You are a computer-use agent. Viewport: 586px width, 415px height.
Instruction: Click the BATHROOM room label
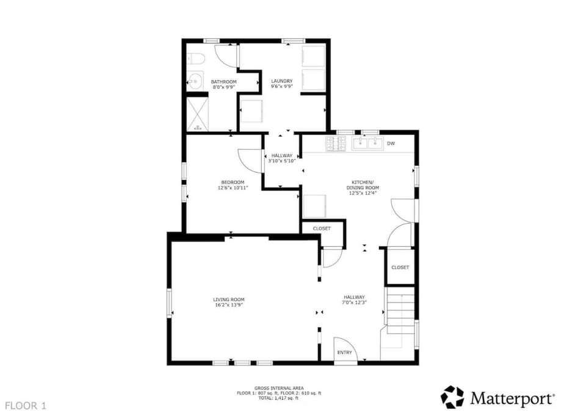[x=223, y=81]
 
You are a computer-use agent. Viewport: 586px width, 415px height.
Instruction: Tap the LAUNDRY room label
[x=282, y=81]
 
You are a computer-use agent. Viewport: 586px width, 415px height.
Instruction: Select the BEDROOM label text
[x=233, y=182]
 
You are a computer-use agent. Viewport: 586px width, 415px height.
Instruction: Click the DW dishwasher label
[x=391, y=143]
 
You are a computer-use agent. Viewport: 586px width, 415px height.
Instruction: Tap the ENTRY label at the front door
[x=344, y=353]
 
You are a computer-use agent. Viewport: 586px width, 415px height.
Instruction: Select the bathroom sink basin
[x=195, y=81]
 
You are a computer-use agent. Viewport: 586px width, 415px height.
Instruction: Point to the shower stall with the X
[x=197, y=114]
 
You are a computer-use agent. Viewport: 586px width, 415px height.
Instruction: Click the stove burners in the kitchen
[x=336, y=144]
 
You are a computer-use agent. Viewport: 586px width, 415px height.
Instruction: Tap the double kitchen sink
[x=367, y=143]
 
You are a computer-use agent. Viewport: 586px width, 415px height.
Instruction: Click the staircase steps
[x=400, y=310]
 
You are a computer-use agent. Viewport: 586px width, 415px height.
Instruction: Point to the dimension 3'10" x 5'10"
[x=282, y=161]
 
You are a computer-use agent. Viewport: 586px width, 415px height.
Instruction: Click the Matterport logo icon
[x=452, y=397]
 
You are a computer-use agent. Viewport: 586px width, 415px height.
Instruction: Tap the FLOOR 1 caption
[x=26, y=406]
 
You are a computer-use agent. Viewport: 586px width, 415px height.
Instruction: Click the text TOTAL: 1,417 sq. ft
[x=279, y=398]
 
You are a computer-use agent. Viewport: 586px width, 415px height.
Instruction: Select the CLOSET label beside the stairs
[x=400, y=268]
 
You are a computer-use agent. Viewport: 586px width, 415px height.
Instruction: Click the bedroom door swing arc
[x=245, y=161]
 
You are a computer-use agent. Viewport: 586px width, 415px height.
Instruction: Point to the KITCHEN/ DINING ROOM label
[x=363, y=185]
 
